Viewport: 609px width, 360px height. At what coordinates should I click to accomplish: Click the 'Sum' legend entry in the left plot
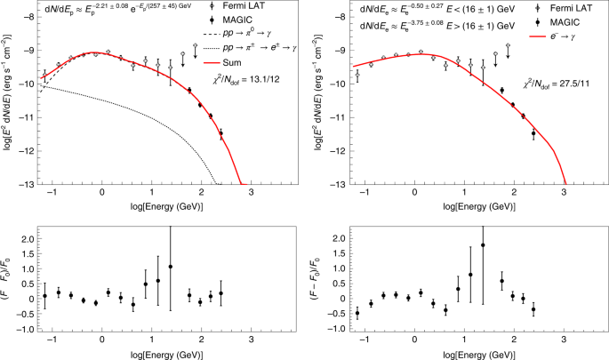point(222,62)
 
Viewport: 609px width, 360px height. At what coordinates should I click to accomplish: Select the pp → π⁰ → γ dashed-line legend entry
point(236,34)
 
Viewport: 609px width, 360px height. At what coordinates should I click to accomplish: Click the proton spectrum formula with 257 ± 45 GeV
point(117,6)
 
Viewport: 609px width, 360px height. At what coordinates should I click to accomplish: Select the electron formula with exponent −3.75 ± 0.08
point(437,25)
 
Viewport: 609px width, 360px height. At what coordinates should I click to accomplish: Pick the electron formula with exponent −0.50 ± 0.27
point(437,9)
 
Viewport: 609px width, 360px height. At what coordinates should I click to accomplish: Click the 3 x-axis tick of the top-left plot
point(252,192)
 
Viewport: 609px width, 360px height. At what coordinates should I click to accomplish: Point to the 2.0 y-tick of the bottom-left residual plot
point(28,239)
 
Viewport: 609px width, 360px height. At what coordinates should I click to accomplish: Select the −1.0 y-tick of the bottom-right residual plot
point(339,329)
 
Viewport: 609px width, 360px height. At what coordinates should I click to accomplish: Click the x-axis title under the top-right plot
point(479,206)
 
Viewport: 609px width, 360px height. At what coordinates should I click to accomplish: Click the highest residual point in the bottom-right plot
point(483,245)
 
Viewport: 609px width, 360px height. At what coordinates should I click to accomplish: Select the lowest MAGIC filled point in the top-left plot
point(221,133)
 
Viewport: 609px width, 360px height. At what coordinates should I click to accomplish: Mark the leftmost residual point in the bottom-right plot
point(357,313)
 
